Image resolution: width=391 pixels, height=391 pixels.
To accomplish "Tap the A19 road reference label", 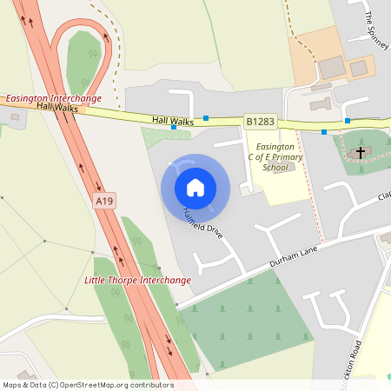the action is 105,201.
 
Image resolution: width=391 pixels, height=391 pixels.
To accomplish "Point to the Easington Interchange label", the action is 59,99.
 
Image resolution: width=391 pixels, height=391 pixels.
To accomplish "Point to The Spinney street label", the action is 376,30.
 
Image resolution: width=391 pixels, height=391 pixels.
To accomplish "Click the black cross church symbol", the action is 360,152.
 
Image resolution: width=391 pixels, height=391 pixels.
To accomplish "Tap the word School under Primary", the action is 275,167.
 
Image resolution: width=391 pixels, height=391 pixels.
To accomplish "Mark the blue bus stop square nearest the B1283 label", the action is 206,117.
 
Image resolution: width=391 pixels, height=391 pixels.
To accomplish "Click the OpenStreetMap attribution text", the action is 87,384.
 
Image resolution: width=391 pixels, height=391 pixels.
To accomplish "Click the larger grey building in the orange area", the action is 331,67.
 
